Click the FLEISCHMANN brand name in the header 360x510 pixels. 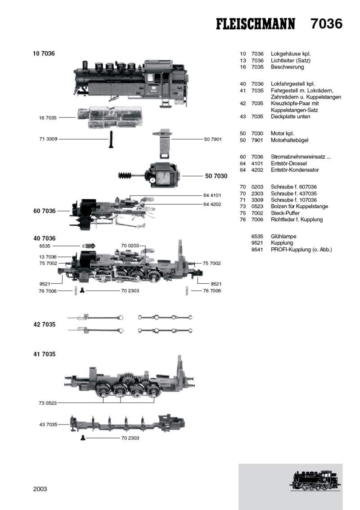pos(256,24)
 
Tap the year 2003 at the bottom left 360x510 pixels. pos(40,489)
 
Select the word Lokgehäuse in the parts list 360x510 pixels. pos(287,54)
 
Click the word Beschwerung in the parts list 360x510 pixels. pos(287,67)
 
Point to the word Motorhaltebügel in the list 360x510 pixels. pos(289,140)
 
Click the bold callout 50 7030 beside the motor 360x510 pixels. pos(216,176)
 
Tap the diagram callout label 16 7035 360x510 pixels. pos(48,118)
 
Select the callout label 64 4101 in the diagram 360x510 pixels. pos(213,196)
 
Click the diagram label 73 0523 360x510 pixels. pos(48,403)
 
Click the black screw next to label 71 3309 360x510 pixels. pos(109,139)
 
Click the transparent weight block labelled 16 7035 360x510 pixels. pos(109,118)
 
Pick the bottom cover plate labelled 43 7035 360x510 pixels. pos(126,423)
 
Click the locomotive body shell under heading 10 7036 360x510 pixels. pos(130,81)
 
